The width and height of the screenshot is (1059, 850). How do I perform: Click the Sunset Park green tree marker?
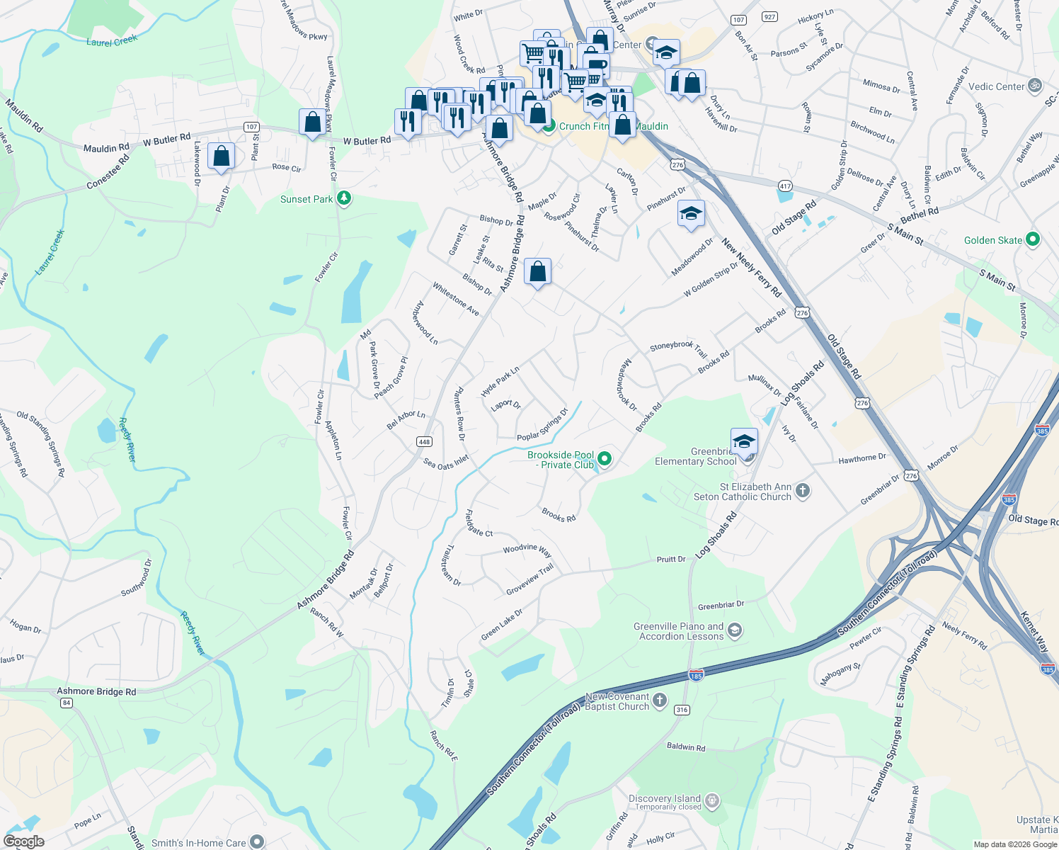coord(344,198)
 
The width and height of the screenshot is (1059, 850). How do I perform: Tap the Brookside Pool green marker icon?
coord(605,459)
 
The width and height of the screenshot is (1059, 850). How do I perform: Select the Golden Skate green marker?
coord(1033,239)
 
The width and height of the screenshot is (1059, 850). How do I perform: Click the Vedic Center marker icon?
coord(1035,86)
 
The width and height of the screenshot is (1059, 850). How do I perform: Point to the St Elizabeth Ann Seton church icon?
coord(802,490)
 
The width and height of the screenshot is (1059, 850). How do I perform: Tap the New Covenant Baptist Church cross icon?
coord(660,701)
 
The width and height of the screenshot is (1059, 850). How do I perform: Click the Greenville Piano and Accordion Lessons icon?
coord(735,630)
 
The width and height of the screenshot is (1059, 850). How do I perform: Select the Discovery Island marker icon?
coord(712,801)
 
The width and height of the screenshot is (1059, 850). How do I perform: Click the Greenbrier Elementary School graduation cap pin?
coord(744,441)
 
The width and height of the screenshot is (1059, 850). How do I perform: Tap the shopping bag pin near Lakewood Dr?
coord(222,156)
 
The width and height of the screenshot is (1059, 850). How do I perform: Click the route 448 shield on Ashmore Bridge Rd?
coord(424,441)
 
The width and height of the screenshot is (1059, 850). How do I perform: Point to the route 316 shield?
coord(682,710)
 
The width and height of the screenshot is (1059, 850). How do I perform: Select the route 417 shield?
coord(786,186)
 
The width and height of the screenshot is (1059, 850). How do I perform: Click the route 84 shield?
coord(67,703)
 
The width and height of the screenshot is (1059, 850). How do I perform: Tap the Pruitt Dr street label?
coord(671,560)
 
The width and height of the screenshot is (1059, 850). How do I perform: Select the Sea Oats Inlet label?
coord(446,463)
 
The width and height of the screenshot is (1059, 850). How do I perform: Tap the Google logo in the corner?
coord(24,841)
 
